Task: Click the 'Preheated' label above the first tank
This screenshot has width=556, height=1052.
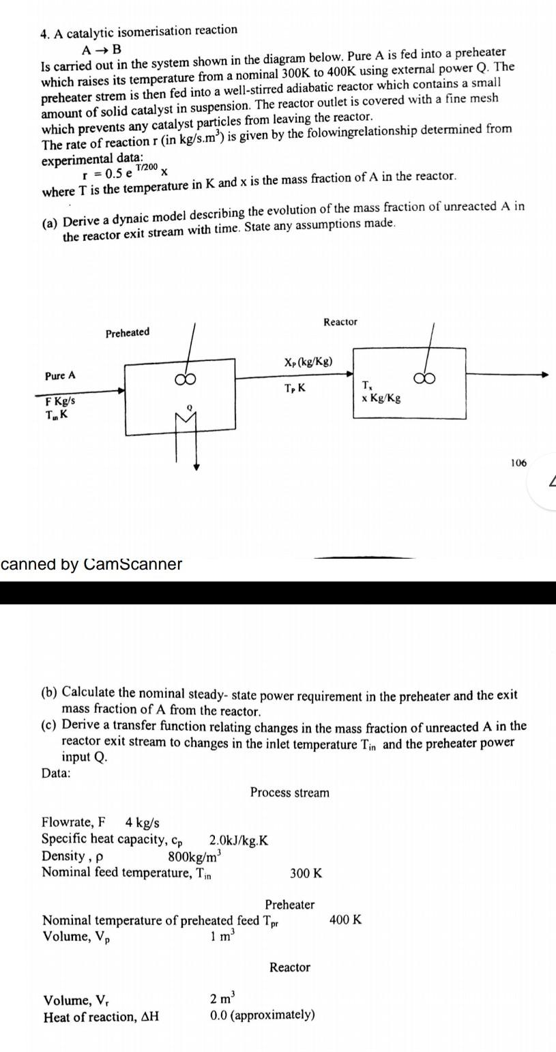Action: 128,332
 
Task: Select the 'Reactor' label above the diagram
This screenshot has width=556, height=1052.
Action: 340,321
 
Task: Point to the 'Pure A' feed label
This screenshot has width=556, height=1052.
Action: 60,376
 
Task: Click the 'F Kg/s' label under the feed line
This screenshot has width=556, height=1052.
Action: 60,401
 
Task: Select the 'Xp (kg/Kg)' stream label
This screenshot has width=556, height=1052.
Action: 308,362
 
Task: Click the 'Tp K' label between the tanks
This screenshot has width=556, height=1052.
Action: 295,388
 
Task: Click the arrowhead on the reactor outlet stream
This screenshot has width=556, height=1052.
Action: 544,375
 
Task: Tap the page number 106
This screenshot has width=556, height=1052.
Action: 518,463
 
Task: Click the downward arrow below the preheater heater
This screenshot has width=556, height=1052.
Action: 196,467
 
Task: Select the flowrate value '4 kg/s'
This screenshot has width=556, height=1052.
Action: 143,822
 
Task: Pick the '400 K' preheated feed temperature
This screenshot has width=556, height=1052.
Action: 345,920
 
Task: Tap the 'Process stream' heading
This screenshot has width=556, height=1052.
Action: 289,792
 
